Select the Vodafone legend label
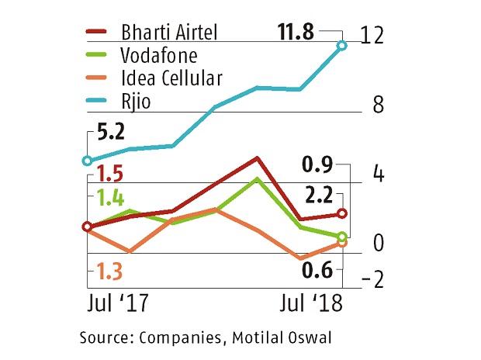160,56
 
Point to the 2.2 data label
318,194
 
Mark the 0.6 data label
318,270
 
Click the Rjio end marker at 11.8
342,47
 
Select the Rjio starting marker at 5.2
87,161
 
